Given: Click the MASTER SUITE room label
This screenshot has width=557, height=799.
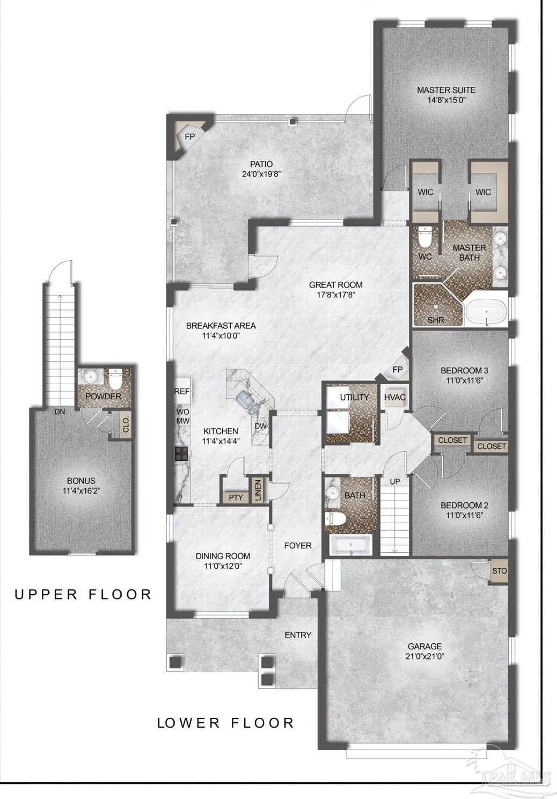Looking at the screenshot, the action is click(x=446, y=90).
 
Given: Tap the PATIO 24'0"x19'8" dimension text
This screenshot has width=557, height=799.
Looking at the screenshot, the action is click(x=261, y=174).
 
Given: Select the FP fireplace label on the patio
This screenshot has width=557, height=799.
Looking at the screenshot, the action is click(x=190, y=136).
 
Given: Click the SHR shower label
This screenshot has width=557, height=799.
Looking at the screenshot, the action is click(x=436, y=320).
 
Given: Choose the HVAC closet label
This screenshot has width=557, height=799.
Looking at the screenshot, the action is click(x=395, y=397).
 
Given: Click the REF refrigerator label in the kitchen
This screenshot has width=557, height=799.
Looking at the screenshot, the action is click(x=182, y=391).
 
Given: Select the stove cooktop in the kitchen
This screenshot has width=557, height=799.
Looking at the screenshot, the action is click(x=181, y=454).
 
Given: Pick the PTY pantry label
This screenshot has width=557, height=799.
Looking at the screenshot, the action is click(x=236, y=497).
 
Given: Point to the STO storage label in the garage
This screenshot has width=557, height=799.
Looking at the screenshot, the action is click(x=499, y=571).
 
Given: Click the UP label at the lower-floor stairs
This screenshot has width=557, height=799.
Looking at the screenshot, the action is click(x=395, y=481).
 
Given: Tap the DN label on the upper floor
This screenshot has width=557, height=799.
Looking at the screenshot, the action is click(x=60, y=412).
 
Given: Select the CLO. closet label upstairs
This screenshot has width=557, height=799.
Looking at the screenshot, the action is click(x=125, y=424).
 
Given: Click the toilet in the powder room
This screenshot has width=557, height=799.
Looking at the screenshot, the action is click(x=115, y=379).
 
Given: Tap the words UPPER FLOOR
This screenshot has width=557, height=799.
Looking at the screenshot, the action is click(x=84, y=595).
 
